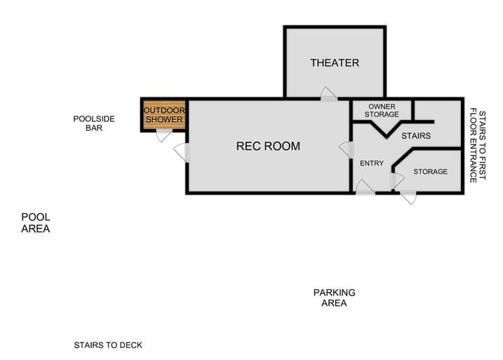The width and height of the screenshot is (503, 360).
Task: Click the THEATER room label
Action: pyautogui.click(x=335, y=63)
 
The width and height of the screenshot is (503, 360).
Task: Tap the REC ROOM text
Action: pyautogui.click(x=268, y=147)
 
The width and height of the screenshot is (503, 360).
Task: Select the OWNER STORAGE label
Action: pyautogui.click(x=382, y=110)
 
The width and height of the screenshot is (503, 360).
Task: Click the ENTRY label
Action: pyautogui.click(x=371, y=164)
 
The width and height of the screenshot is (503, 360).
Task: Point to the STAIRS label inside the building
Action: pyautogui.click(x=416, y=135)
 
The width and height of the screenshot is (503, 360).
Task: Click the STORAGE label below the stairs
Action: pyautogui.click(x=430, y=172)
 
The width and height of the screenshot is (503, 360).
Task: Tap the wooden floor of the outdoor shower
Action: pyautogui.click(x=163, y=116)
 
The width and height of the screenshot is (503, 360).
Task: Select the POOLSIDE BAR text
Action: pyautogui.click(x=94, y=124)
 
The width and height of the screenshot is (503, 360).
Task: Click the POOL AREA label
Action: pyautogui.click(x=35, y=223)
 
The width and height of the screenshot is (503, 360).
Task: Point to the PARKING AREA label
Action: pyautogui.click(x=334, y=298)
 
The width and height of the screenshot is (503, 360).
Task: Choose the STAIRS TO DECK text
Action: pyautogui.click(x=108, y=345)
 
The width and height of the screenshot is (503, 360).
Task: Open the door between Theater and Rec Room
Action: pyautogui.click(x=328, y=95)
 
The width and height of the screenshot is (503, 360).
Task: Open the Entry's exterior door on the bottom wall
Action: pyautogui.click(x=365, y=187)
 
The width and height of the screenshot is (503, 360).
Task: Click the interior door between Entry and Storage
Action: pyautogui.click(x=397, y=180)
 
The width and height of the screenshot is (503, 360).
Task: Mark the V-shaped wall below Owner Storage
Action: pyautogui.click(x=383, y=131)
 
